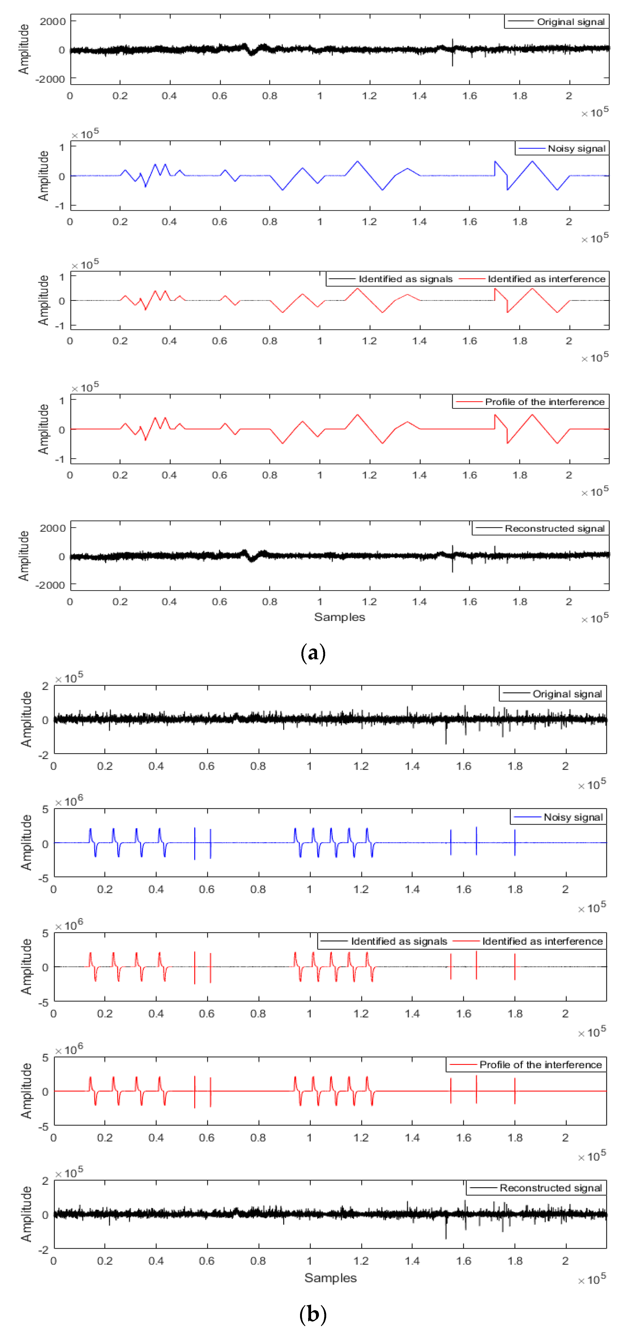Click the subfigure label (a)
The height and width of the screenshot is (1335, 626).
pyautogui.click(x=313, y=653)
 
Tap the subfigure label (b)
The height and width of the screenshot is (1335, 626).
pyautogui.click(x=313, y=1314)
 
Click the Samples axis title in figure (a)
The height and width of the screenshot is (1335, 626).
pyautogui.click(x=339, y=617)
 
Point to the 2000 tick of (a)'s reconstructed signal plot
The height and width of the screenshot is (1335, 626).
pyautogui.click(x=52, y=528)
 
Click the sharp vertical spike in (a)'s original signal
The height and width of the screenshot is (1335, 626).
pyautogui.click(x=453, y=52)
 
